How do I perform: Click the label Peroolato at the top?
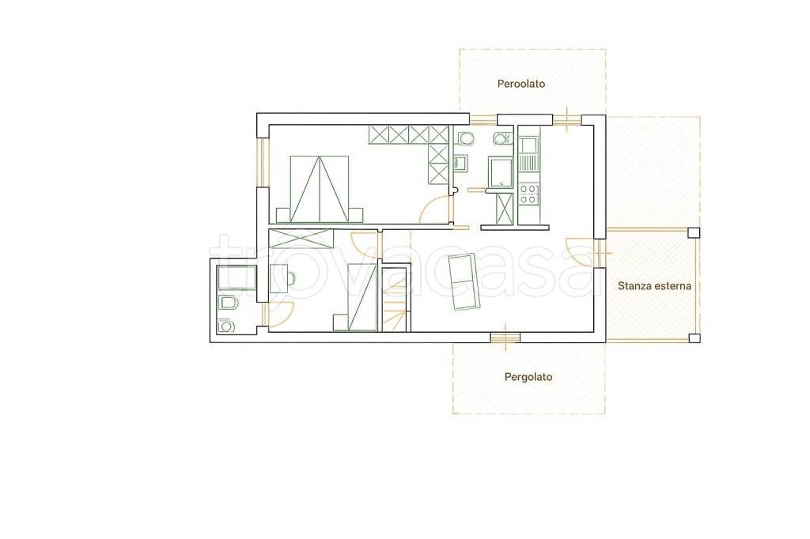click(520, 84)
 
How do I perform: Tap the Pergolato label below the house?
click(528, 378)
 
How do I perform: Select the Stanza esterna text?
click(654, 285)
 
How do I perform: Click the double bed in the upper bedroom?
click(320, 189)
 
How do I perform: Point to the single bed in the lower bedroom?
click(361, 297)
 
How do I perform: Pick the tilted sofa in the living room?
click(465, 281)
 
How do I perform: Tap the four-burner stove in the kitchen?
click(528, 194)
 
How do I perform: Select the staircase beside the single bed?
click(396, 299)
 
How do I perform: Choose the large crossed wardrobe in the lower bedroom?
click(301, 239)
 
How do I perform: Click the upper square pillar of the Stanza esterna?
click(694, 232)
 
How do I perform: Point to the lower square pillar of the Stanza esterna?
click(695, 338)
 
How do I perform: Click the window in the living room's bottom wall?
click(505, 337)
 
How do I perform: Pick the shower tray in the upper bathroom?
click(500, 172)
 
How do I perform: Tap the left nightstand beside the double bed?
click(283, 215)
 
